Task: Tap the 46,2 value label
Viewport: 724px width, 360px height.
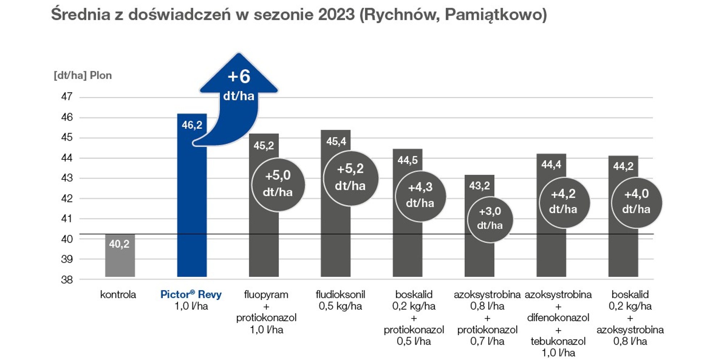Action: (192, 125)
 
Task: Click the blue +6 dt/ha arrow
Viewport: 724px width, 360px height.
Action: (238, 87)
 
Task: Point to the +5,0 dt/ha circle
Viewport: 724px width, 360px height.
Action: (278, 184)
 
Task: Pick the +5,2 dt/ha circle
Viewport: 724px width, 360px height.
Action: (350, 178)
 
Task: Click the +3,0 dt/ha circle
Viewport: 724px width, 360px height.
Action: (490, 219)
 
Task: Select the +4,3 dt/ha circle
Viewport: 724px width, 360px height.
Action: (420, 195)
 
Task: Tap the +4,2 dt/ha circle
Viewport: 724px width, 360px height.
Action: (564, 202)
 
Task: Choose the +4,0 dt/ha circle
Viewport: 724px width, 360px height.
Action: (636, 202)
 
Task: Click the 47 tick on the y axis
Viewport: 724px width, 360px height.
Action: (67, 97)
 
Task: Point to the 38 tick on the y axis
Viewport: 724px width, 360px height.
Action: (67, 280)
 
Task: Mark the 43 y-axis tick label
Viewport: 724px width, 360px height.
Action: (67, 178)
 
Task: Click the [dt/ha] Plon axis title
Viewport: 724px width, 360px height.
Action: (83, 75)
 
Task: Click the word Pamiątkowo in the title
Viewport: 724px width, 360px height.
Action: (495, 14)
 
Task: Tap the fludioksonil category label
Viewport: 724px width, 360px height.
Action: (340, 295)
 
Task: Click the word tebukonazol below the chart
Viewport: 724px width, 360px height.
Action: (558, 341)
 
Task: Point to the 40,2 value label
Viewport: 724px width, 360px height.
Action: (119, 244)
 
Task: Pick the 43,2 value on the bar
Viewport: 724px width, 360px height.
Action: (479, 186)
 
